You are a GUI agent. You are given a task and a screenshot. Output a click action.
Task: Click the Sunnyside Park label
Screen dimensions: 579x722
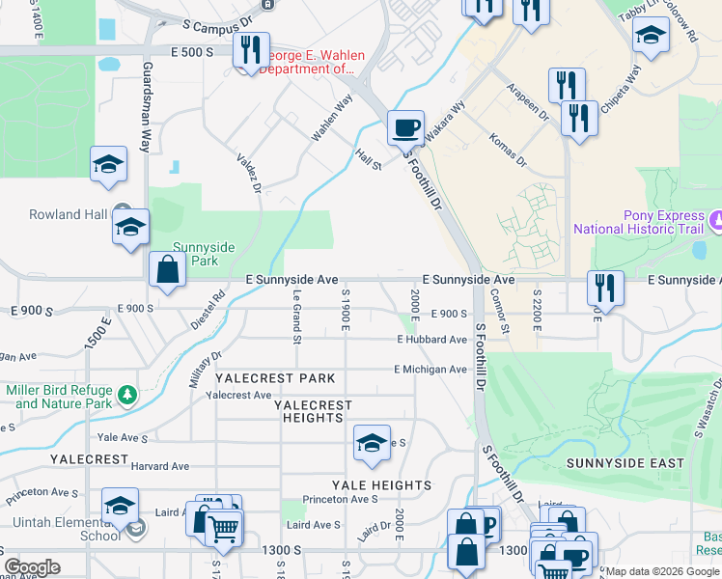[x=196, y=254]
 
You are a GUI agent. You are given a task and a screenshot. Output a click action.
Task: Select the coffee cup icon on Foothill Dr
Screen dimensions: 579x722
[x=405, y=126]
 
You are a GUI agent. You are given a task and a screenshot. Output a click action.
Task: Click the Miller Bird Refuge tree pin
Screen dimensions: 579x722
[x=125, y=394]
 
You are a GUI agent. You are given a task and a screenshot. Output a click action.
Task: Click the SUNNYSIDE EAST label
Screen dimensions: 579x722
[x=625, y=463]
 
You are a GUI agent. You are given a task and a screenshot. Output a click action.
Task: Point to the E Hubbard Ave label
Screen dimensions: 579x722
[x=431, y=340]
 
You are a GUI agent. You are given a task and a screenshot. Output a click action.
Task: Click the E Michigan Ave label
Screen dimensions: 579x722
[x=430, y=370]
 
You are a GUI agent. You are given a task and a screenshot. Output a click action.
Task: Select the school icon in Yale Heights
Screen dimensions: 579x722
[x=372, y=443]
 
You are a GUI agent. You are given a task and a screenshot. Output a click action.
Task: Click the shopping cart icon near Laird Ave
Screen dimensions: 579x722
[x=223, y=527]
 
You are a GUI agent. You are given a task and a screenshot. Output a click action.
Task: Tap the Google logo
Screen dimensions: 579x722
[x=32, y=567]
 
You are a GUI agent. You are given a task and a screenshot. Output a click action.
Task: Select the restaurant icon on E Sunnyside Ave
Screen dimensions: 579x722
[x=605, y=286]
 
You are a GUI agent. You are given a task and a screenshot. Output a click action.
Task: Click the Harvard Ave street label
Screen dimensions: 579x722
[x=160, y=466]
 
